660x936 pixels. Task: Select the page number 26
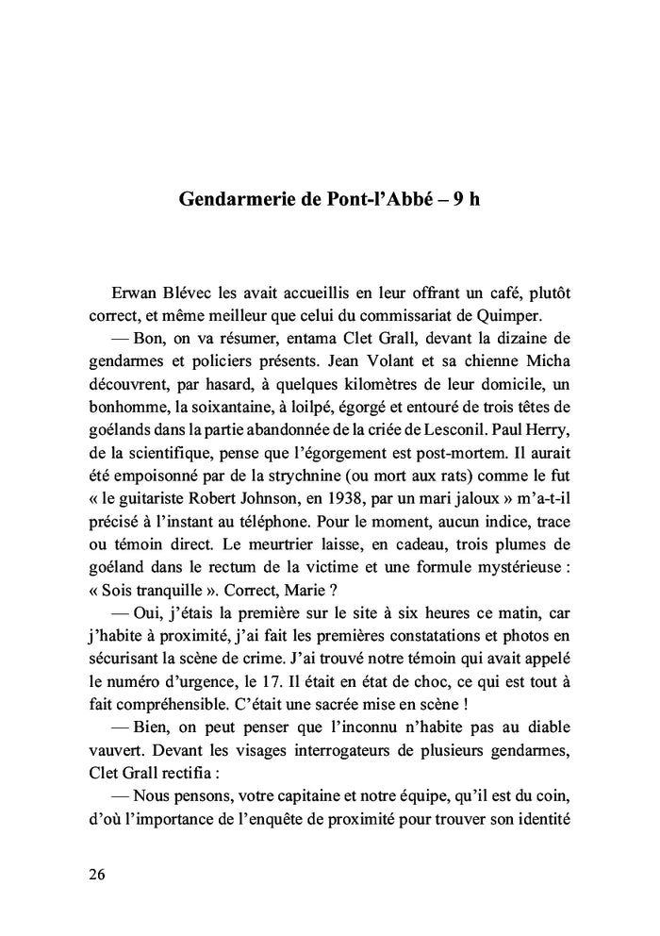97,874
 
